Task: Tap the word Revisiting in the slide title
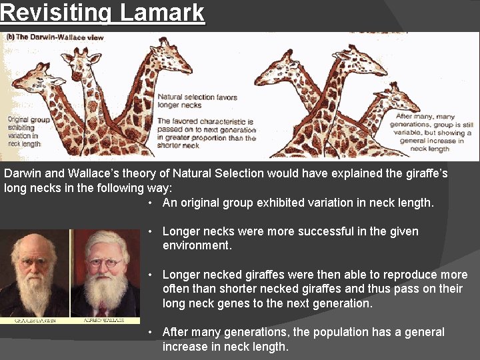(x=55, y=12)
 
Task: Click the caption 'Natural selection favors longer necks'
(x=197, y=101)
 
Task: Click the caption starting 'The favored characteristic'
(x=206, y=133)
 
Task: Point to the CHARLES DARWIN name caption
(x=35, y=321)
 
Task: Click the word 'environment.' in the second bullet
(x=197, y=245)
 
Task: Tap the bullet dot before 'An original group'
(x=152, y=203)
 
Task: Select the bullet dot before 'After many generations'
(x=152, y=332)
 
